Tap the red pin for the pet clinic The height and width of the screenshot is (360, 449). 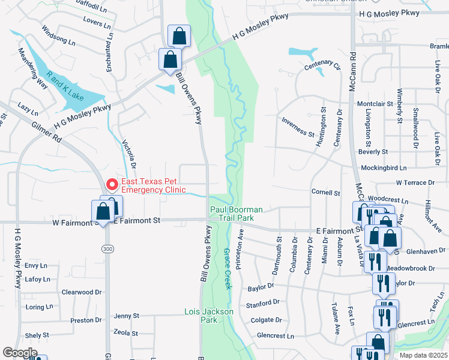coord(111,184)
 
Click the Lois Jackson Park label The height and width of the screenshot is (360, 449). coord(208,316)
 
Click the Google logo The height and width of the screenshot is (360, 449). coord(20,352)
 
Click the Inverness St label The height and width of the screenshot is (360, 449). coord(298,125)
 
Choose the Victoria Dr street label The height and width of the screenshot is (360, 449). coord(129,155)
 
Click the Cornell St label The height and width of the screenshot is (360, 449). coord(325,193)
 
